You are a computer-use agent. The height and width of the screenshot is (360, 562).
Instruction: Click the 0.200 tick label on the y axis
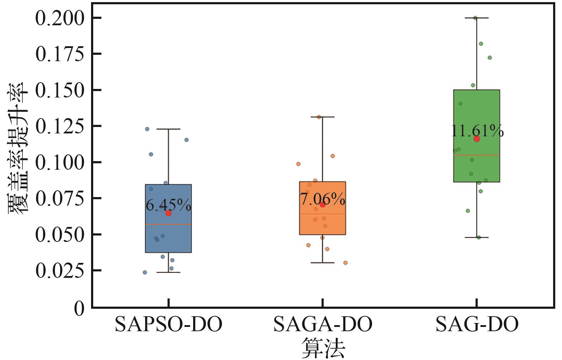click(x=59, y=18)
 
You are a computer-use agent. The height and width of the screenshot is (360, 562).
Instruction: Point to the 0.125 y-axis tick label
click(x=59, y=127)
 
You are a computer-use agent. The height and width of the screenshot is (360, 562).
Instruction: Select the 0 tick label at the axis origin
click(x=79, y=308)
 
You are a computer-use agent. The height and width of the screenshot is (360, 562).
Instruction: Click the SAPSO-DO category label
click(x=169, y=324)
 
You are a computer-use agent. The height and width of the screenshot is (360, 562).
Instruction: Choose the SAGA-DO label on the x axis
click(x=323, y=324)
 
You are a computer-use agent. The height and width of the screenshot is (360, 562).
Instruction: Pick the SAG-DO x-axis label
click(x=477, y=324)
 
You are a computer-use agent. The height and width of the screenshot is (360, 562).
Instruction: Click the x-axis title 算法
click(x=323, y=348)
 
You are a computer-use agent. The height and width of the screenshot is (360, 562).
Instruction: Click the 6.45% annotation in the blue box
click(x=168, y=205)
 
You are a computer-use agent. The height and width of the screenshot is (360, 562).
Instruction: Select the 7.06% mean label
click(x=323, y=200)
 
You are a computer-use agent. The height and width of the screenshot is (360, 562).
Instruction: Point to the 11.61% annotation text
click(x=477, y=131)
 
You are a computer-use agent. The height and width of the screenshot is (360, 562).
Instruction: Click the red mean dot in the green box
click(x=477, y=139)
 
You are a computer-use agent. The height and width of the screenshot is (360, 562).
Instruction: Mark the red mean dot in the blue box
click(x=168, y=213)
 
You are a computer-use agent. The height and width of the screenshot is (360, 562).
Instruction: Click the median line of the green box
click(x=477, y=155)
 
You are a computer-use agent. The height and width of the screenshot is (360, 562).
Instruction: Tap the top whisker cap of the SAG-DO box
click(x=477, y=18)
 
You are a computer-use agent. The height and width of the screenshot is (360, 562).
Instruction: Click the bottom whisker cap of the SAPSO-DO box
click(x=168, y=272)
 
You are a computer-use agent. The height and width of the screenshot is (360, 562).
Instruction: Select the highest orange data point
click(x=319, y=117)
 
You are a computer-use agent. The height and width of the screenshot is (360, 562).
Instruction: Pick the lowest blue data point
click(x=145, y=272)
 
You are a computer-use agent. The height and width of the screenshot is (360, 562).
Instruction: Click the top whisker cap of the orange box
click(x=322, y=117)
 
